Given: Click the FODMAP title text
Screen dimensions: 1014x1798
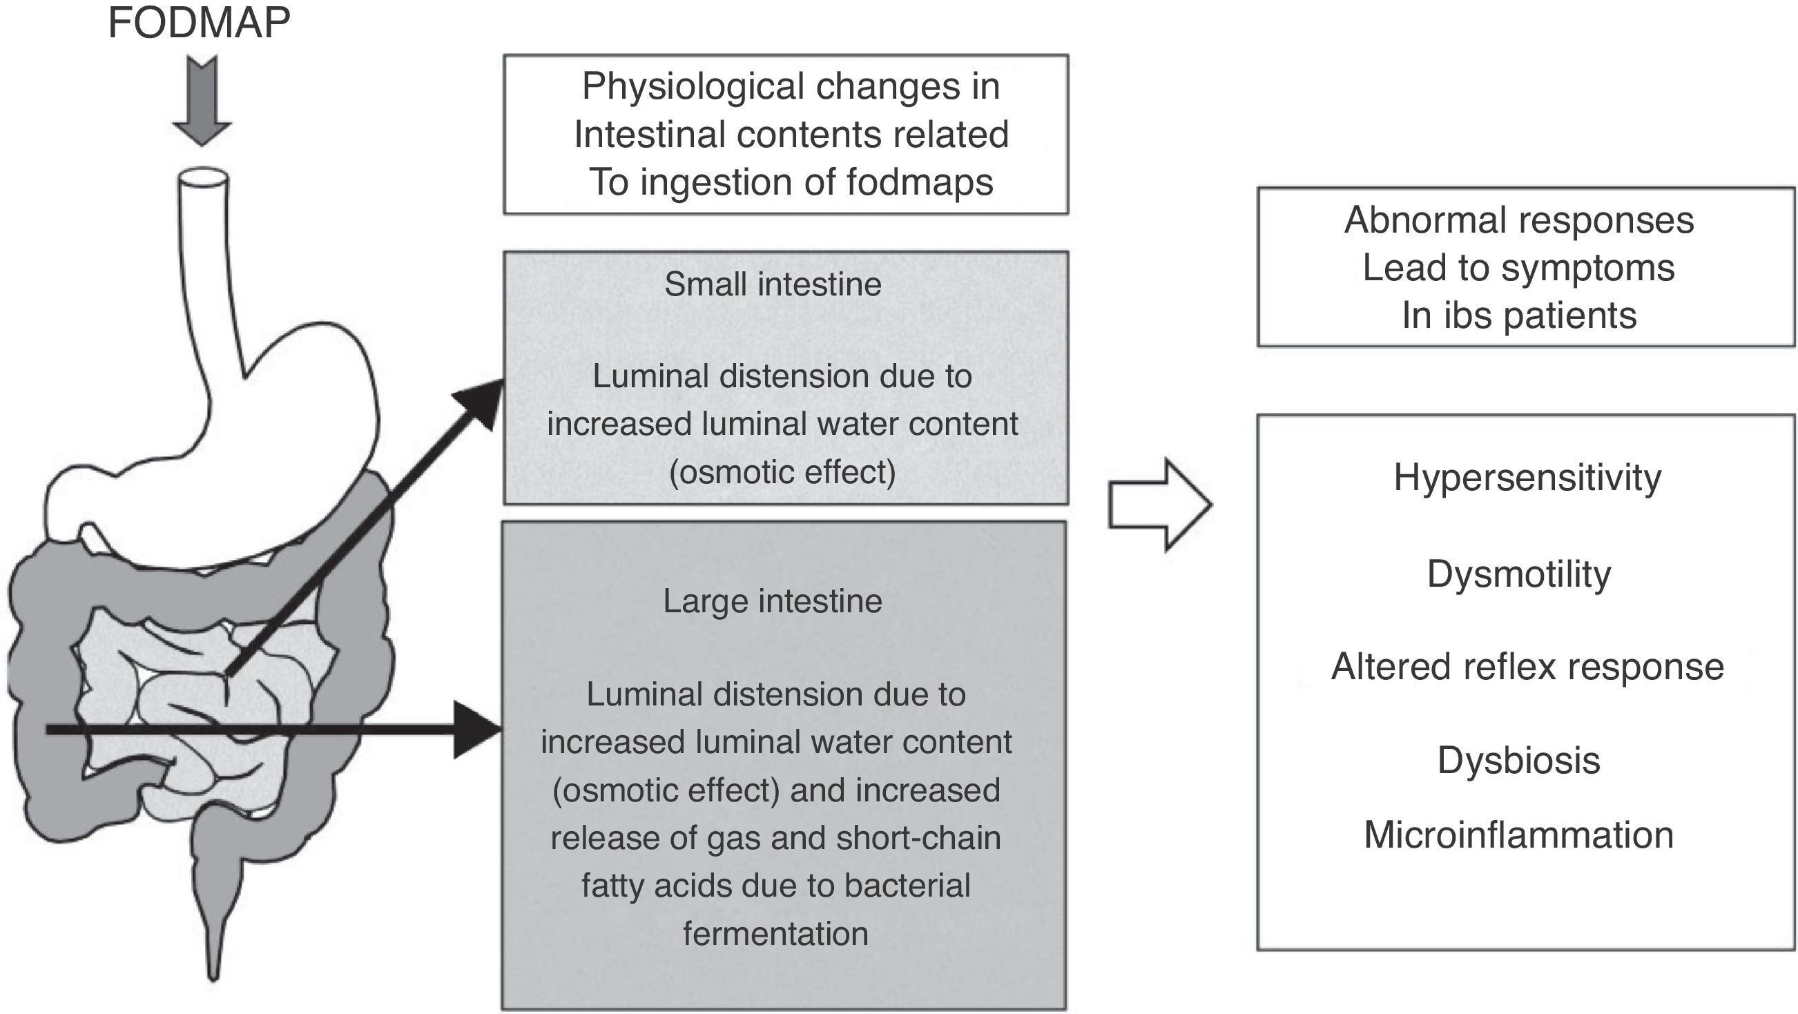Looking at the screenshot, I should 199,22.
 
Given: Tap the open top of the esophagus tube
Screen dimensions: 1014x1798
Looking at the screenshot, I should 203,177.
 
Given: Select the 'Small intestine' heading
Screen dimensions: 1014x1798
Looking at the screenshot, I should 773,284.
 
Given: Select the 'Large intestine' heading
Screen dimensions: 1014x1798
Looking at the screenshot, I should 773,601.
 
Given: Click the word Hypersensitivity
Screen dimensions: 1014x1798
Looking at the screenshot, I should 1527,478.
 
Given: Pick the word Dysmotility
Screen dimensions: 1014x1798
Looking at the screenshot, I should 1519,574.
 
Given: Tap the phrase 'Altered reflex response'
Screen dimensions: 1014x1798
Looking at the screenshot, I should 1527,667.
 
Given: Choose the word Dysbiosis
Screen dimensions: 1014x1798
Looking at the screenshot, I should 1519,760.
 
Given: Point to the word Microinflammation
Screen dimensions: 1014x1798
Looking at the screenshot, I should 1519,835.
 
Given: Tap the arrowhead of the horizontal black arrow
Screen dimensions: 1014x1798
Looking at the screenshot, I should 478,730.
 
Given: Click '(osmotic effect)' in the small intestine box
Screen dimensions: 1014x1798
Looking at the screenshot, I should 782,472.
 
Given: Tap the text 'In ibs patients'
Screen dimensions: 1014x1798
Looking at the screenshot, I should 1519,315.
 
